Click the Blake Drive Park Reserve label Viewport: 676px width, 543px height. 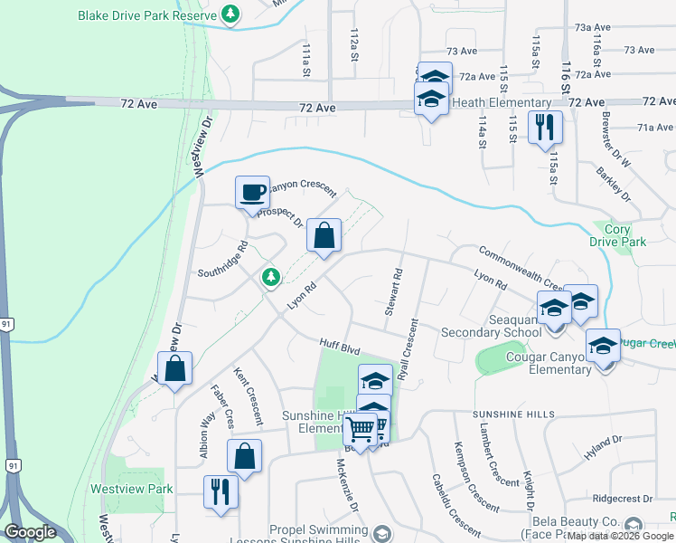click(x=147, y=16)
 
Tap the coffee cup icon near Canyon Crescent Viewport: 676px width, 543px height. click(x=253, y=193)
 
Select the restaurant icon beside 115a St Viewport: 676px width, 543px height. click(x=545, y=128)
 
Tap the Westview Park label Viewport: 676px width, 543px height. click(x=131, y=489)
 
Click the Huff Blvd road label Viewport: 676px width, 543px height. click(x=340, y=344)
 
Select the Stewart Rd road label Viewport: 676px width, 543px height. click(x=392, y=291)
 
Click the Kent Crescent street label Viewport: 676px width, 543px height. click(x=247, y=396)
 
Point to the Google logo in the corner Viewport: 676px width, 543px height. click(x=30, y=532)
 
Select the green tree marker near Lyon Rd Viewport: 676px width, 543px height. click(x=269, y=277)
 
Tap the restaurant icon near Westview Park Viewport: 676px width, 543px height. click(x=220, y=492)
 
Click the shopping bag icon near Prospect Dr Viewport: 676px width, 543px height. click(x=324, y=236)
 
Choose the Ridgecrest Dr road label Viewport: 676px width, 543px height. click(x=623, y=499)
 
